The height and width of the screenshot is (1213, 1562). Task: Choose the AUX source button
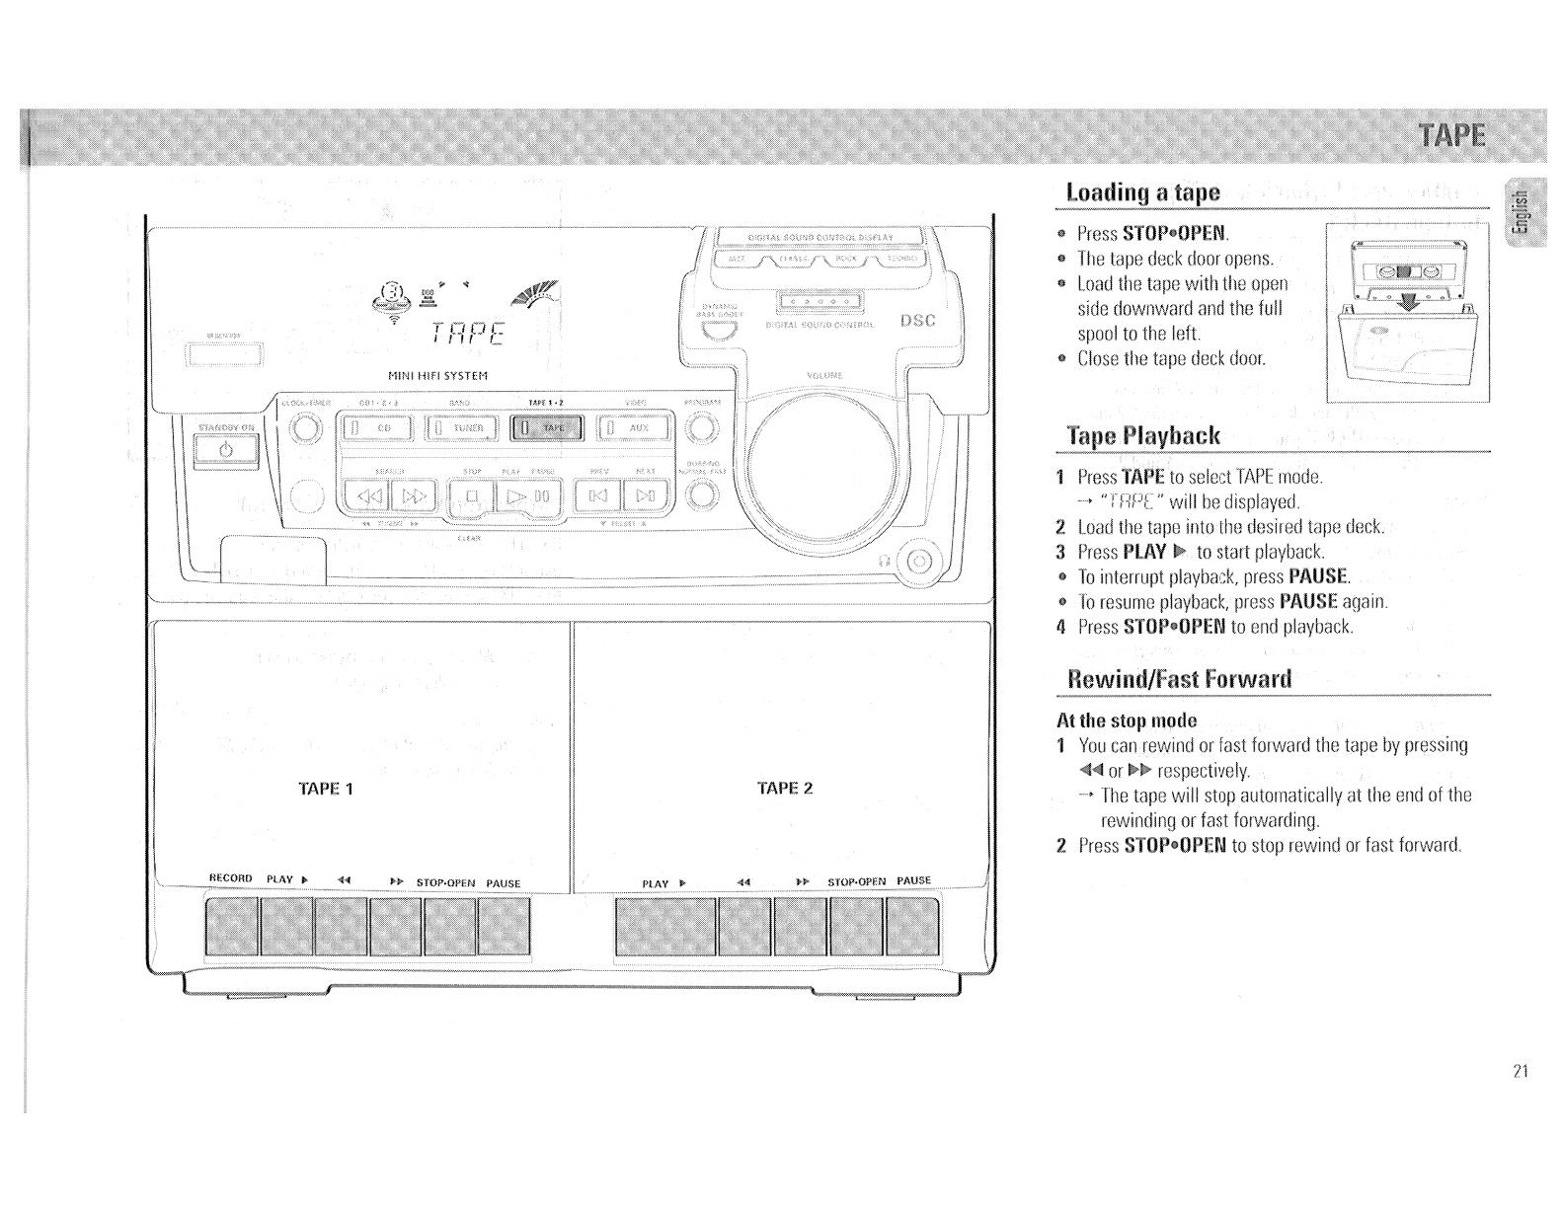(x=636, y=428)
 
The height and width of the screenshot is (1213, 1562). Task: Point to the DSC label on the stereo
(x=917, y=322)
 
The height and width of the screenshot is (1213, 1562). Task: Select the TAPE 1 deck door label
(x=325, y=789)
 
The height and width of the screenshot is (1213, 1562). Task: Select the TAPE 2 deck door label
(x=785, y=789)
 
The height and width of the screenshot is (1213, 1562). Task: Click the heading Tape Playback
(x=1144, y=436)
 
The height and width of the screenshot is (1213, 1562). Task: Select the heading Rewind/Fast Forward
(x=1179, y=680)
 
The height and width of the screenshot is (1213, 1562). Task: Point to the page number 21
(x=1520, y=1071)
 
